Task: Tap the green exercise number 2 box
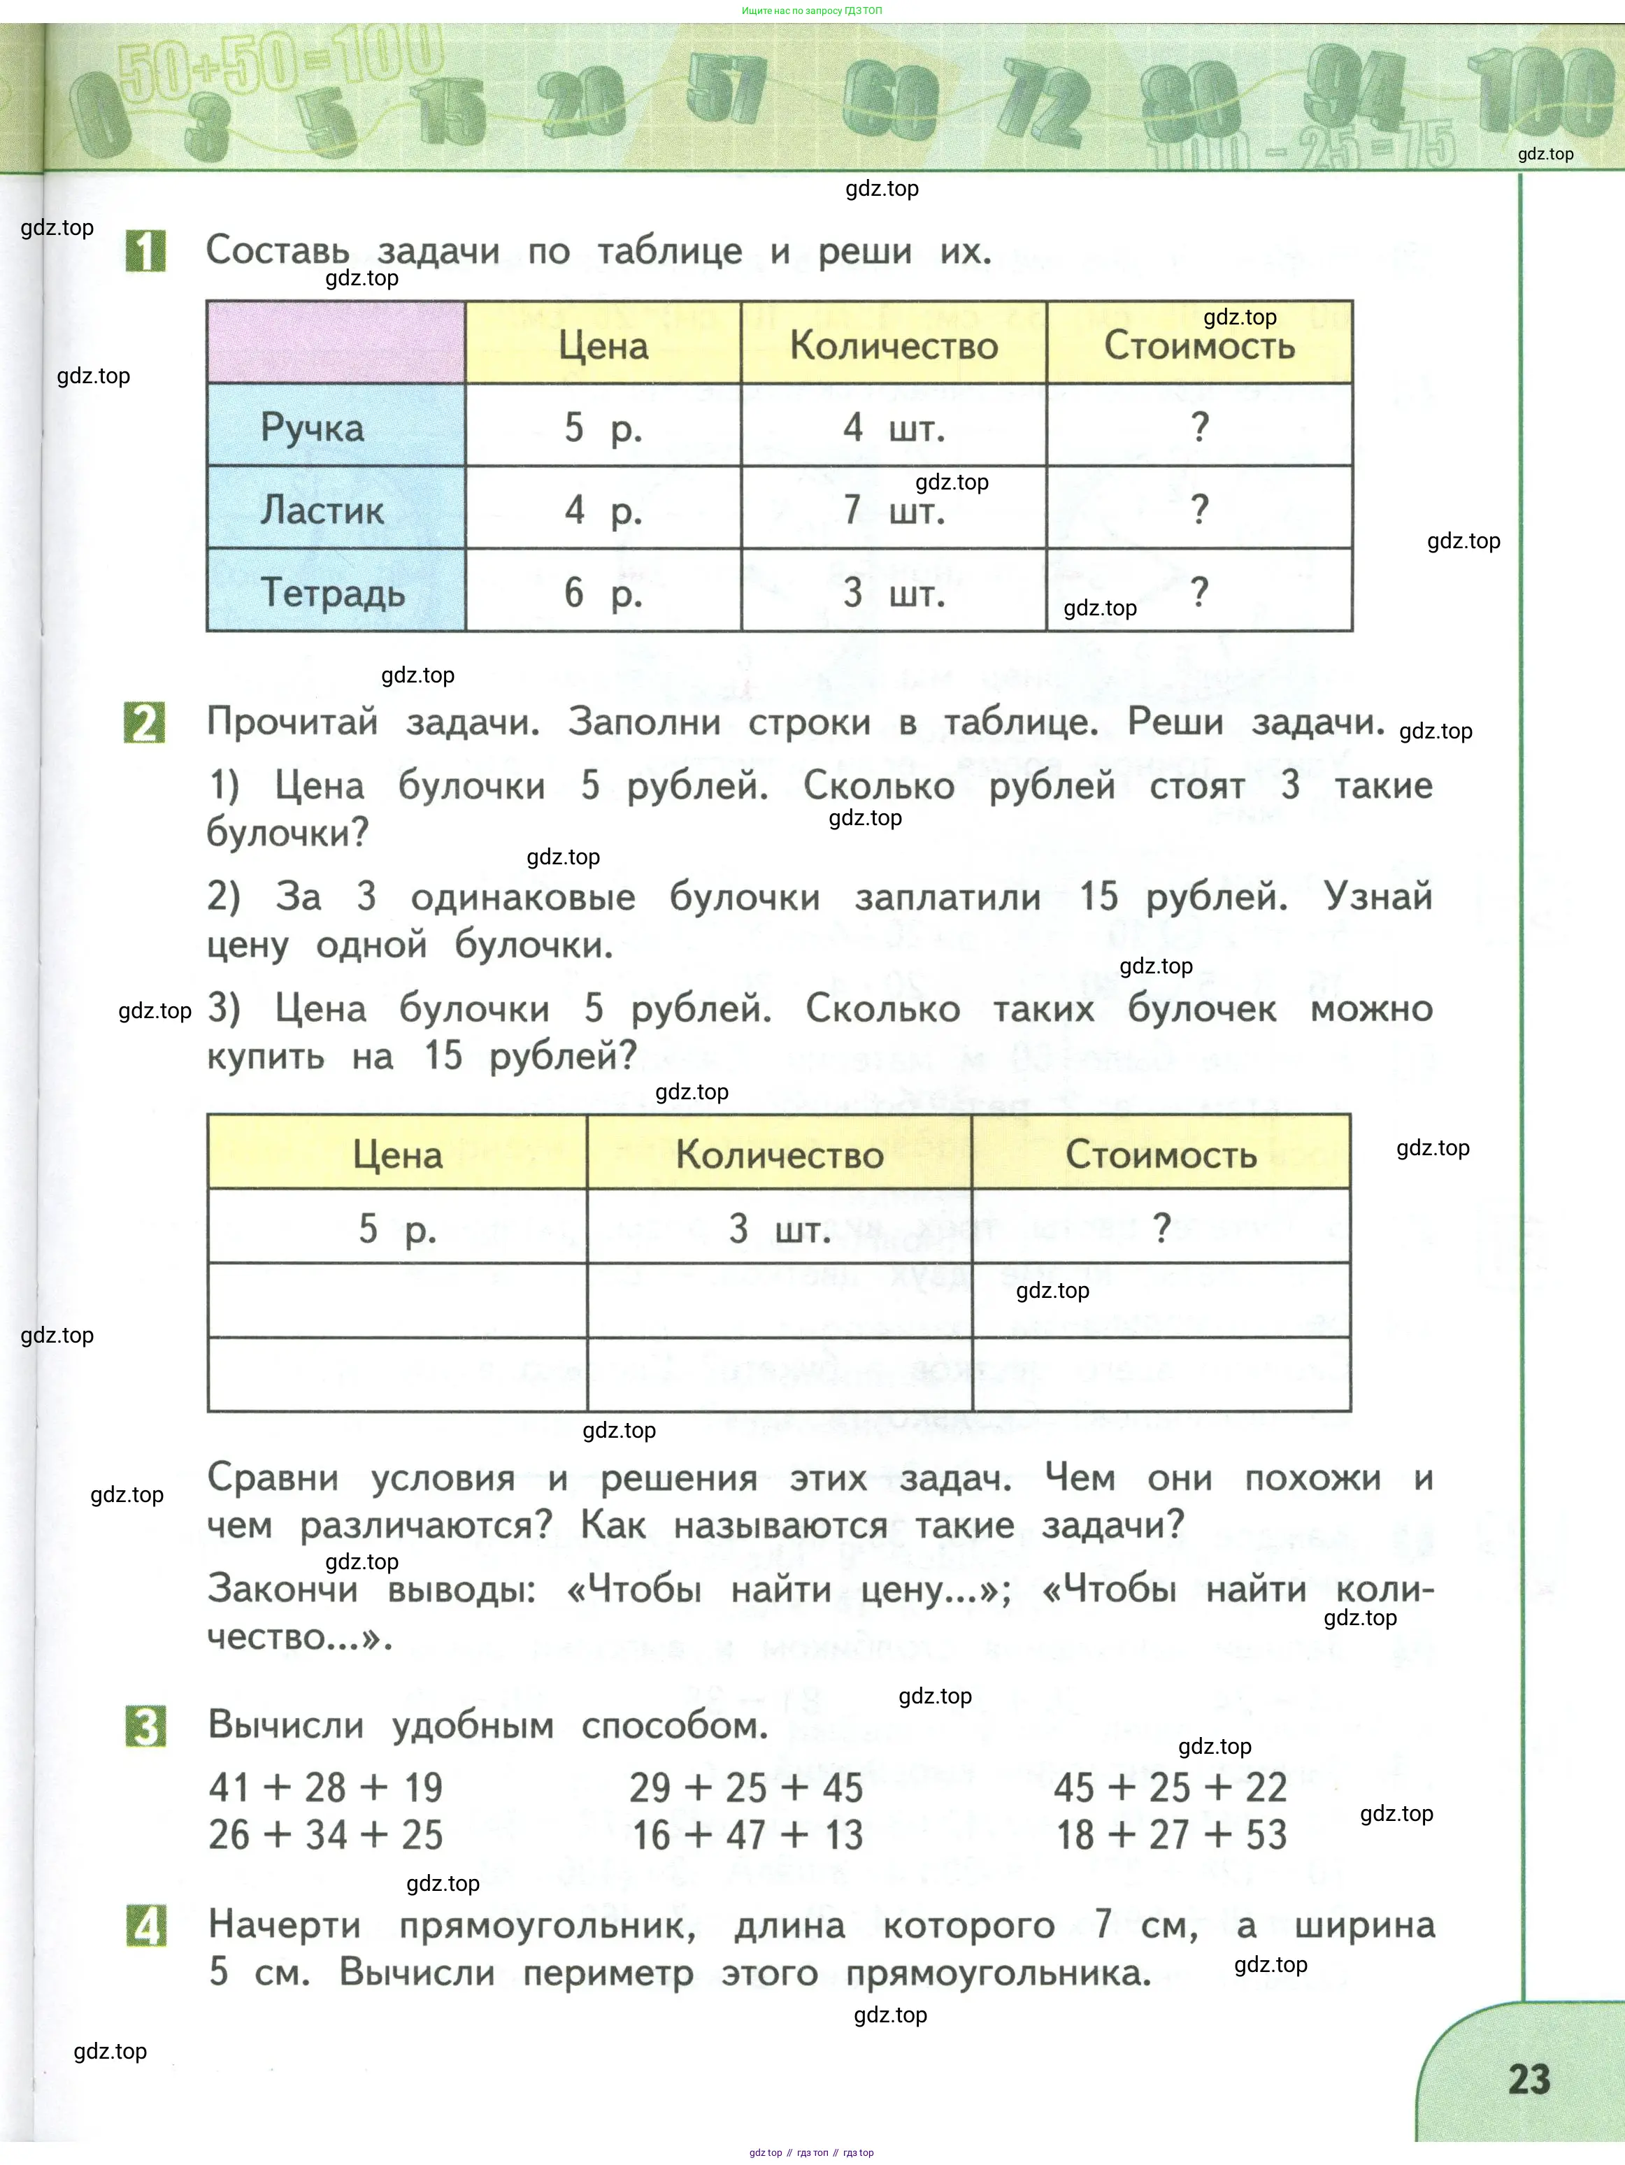[x=145, y=723]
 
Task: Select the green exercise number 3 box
[x=146, y=1726]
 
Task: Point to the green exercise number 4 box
[x=146, y=1925]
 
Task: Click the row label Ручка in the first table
[x=313, y=428]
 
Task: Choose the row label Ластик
[x=322, y=510]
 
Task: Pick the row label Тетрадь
[x=333, y=593]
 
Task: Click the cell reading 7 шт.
[x=894, y=510]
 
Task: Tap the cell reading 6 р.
[x=603, y=593]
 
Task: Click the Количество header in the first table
[x=894, y=345]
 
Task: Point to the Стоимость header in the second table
[x=1161, y=1155]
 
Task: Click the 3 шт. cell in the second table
[x=779, y=1229]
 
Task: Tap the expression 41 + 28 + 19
[x=326, y=1787]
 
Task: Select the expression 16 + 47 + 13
[x=748, y=1835]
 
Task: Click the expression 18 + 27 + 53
[x=1171, y=1835]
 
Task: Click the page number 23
[x=1529, y=2079]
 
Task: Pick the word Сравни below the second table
[x=273, y=1478]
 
